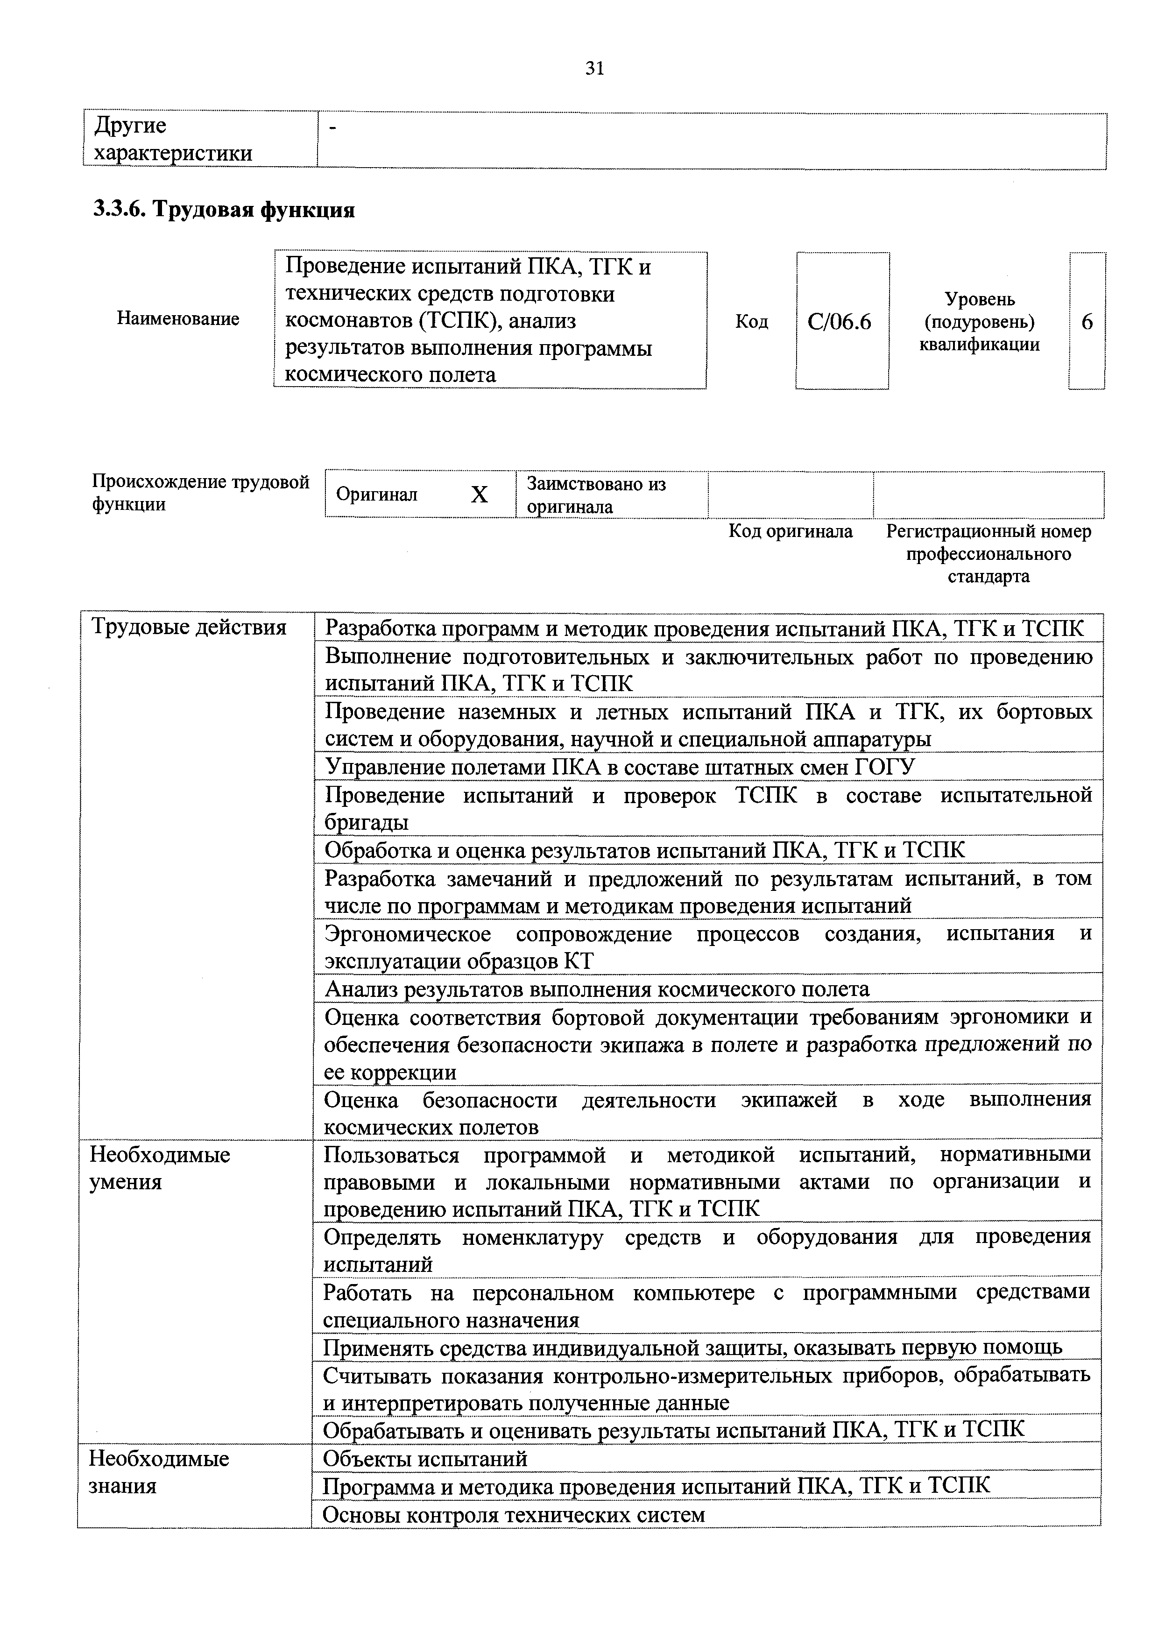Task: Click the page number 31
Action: (x=594, y=69)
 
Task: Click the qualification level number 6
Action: (x=1087, y=323)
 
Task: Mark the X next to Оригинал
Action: (x=480, y=495)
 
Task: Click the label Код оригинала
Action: (x=790, y=531)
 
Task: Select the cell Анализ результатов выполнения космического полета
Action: (x=596, y=989)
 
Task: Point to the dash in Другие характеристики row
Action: (x=332, y=127)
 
